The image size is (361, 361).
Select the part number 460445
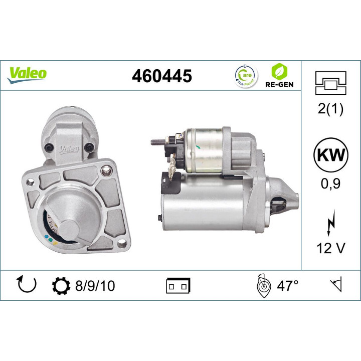(x=161, y=76)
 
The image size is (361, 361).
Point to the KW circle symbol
(x=330, y=156)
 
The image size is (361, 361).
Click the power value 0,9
(x=330, y=184)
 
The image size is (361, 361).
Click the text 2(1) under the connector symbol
(x=330, y=109)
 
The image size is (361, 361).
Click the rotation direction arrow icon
(x=27, y=285)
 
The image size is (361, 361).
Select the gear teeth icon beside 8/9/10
(x=61, y=286)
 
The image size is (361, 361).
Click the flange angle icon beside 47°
(x=264, y=285)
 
